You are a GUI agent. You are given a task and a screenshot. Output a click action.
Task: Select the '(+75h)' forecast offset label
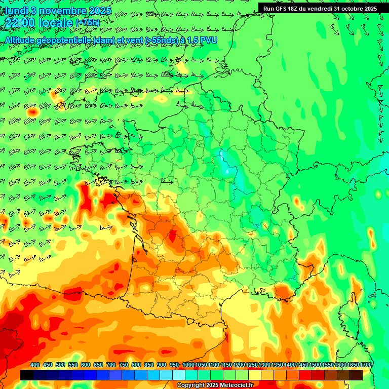tap(88, 23)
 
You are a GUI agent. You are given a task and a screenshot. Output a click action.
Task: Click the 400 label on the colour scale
tap(35, 365)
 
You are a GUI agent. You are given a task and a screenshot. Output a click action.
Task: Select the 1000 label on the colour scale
tap(188, 365)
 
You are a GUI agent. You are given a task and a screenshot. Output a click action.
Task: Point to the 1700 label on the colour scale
tap(365, 365)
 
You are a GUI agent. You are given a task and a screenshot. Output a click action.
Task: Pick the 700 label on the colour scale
tap(111, 365)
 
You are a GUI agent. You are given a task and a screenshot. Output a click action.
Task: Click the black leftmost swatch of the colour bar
tap(26, 375)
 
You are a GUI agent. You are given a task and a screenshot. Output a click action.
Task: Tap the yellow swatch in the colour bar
tap(255, 375)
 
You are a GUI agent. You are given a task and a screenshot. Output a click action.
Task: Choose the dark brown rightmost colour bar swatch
tap(356, 375)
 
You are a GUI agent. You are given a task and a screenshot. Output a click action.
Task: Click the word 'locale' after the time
tap(55, 23)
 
